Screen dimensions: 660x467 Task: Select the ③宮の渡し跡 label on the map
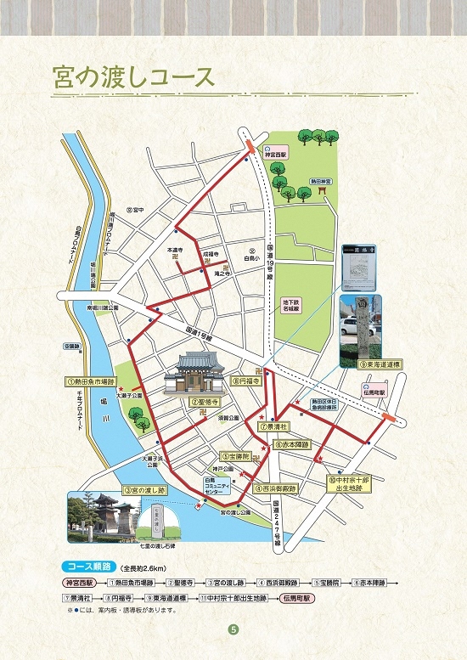pyautogui.click(x=146, y=490)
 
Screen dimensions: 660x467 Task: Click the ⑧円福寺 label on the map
pyautogui.click(x=250, y=382)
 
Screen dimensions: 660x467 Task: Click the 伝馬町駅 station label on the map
pyautogui.click(x=370, y=393)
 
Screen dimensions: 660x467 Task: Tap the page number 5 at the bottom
pyautogui.click(x=233, y=630)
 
